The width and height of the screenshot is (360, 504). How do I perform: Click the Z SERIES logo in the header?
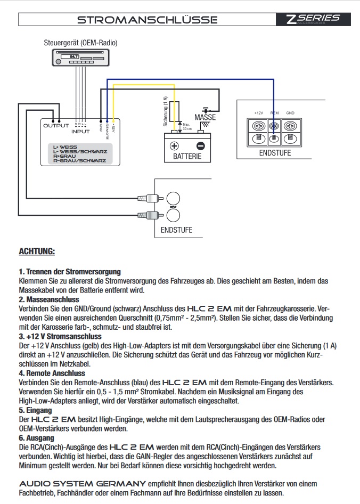[313, 19]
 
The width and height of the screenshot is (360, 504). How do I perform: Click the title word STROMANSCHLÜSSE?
[147, 20]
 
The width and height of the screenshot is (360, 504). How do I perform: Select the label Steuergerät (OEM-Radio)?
[80, 43]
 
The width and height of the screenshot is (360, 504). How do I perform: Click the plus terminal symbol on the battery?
[174, 145]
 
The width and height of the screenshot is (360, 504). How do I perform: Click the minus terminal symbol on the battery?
[200, 145]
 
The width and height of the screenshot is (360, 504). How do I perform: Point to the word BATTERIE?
[187, 157]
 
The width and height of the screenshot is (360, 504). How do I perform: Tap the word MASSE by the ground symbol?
[205, 117]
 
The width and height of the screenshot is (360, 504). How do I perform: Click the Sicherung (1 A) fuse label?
[166, 110]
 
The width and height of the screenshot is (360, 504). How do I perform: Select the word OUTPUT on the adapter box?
[56, 126]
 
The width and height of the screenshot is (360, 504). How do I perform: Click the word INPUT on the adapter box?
[81, 131]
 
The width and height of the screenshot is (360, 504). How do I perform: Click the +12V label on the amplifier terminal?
[259, 113]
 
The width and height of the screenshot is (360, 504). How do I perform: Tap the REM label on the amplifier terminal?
[275, 113]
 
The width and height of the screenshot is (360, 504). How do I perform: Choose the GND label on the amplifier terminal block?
[290, 113]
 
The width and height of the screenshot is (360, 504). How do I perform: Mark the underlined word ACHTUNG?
[37, 250]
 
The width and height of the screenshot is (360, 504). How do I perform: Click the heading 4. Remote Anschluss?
[52, 373]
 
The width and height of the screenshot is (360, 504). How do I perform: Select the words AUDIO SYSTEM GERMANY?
[83, 483]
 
